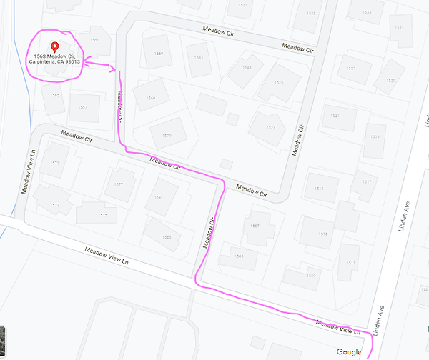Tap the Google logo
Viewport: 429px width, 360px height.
[x=349, y=351]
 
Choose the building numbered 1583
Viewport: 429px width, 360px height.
[x=167, y=236]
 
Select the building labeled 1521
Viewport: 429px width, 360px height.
[x=335, y=116]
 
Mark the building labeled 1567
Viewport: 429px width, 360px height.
[x=84, y=108]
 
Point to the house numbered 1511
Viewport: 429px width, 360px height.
[x=350, y=261]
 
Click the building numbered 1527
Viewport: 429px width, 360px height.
[x=350, y=69]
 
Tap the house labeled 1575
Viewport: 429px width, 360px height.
[x=102, y=214]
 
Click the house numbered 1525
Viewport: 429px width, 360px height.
[x=277, y=83]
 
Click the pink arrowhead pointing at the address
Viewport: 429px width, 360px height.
[x=87, y=63]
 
